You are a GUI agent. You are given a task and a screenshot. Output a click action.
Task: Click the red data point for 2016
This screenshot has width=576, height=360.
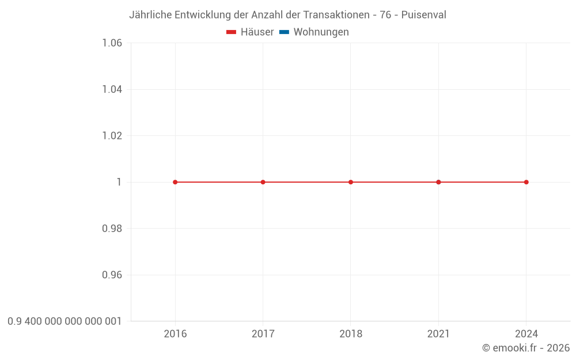point(175,182)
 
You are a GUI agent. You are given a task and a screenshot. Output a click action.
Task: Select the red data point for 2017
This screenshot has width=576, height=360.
point(263,182)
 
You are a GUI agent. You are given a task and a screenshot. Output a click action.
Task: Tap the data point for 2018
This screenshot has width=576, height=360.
point(351,182)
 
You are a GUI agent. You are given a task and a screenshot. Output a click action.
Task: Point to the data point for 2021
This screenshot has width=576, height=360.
point(438,182)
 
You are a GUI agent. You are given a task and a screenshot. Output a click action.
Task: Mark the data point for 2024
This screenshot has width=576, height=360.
point(526,182)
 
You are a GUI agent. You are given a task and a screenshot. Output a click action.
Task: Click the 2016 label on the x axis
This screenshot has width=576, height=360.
point(175,334)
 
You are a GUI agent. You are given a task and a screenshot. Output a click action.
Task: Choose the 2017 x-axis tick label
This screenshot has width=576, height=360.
point(263,334)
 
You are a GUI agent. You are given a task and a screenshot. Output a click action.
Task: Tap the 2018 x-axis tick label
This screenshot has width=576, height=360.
point(351,334)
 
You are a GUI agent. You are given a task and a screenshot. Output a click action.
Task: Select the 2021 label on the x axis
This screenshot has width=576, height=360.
point(438,334)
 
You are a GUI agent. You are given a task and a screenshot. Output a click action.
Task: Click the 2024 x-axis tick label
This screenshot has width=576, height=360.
point(526,334)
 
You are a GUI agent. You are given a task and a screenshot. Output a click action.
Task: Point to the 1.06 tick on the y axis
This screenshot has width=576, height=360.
point(112,43)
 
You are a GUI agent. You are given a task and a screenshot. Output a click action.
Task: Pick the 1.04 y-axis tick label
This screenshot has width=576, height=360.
point(112,89)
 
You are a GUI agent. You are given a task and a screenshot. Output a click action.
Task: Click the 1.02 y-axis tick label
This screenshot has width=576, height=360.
point(112,136)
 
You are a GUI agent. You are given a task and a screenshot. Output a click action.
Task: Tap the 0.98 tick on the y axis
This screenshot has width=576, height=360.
point(112,229)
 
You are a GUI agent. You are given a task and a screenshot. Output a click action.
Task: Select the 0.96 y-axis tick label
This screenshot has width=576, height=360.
point(112,275)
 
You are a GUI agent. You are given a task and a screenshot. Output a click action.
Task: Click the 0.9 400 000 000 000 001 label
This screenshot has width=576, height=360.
point(65,321)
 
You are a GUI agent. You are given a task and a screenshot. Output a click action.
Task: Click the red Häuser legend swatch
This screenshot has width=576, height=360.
point(231,32)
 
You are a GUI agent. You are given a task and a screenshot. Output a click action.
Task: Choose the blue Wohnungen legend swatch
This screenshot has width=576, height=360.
point(285,32)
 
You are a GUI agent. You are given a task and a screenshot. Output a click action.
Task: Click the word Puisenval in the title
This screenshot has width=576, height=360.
point(423,15)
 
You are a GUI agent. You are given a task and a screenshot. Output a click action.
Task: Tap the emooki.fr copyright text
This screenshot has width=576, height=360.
point(526,348)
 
